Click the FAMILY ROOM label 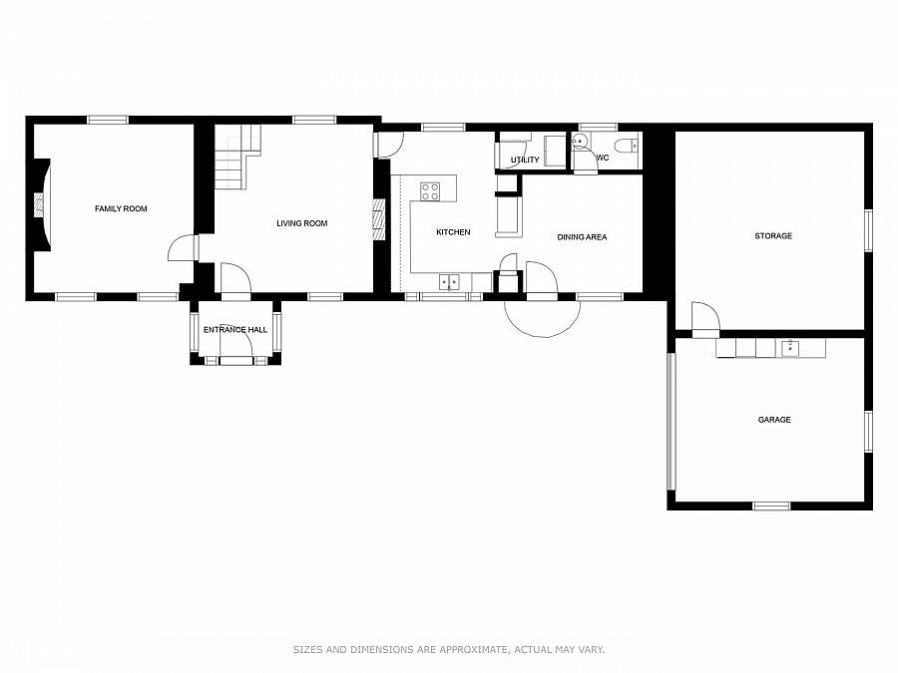click(121, 209)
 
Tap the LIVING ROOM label click(301, 223)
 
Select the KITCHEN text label click(453, 231)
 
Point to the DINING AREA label click(582, 237)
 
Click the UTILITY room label click(525, 160)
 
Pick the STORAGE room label click(773, 235)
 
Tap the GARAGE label click(774, 420)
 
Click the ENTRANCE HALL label click(235, 330)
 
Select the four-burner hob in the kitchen click(430, 191)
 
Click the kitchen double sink click(449, 282)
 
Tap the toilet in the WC click(628, 145)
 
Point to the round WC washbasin click(579, 141)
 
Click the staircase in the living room click(237, 157)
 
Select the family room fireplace click(41, 204)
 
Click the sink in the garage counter click(790, 348)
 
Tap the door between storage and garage click(705, 320)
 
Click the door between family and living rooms click(184, 247)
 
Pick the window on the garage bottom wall click(771, 505)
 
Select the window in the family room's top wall click(108, 121)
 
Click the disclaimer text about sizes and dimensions click(449, 649)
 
